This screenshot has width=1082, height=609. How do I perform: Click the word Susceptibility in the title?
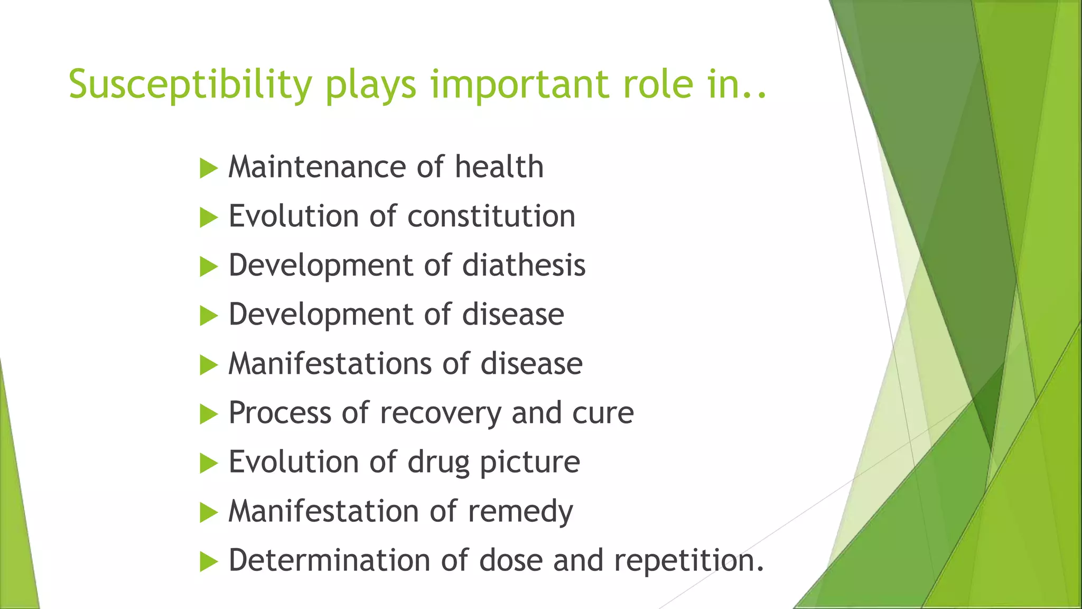tap(191, 85)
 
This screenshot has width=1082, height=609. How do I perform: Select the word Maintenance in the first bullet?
tap(318, 167)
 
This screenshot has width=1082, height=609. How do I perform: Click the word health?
tap(499, 167)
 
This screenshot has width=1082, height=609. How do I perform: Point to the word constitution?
tap(491, 216)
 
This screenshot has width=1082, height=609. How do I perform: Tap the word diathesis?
tap(524, 265)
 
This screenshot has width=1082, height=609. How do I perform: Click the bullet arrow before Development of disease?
tap(209, 316)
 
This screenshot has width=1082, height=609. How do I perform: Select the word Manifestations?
tap(330, 364)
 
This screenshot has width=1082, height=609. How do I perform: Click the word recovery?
tap(441, 413)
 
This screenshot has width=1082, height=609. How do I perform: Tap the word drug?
tap(438, 463)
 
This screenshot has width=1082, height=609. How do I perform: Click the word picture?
tap(529, 463)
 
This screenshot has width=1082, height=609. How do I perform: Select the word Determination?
tap(329, 560)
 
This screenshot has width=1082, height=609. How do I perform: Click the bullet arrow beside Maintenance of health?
tap(209, 169)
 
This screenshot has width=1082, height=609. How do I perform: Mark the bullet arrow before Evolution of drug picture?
tap(209, 464)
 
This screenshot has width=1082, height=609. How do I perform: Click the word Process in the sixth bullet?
tap(279, 413)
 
